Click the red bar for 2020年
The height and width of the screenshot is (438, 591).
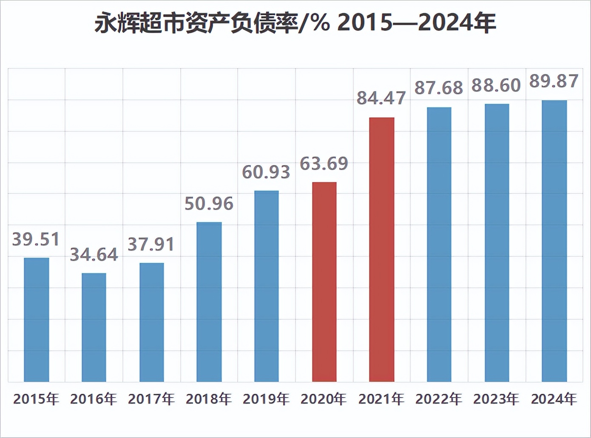click(x=324, y=282)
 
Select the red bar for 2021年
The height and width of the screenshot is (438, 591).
click(x=382, y=249)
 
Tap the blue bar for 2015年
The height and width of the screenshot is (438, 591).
click(x=37, y=319)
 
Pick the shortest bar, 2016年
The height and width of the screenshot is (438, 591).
click(x=94, y=327)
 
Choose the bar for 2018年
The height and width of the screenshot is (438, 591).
click(x=209, y=301)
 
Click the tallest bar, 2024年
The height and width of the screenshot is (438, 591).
click(x=554, y=241)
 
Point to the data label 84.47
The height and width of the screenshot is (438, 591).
click(x=381, y=98)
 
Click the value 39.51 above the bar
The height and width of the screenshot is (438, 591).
click(x=36, y=239)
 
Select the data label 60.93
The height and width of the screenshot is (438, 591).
click(x=266, y=172)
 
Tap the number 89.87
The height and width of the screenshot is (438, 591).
click(x=554, y=81)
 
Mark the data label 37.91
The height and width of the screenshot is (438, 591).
click(x=151, y=245)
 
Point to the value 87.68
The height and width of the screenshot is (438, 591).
click(x=439, y=88)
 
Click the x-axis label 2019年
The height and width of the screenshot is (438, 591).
click(x=266, y=399)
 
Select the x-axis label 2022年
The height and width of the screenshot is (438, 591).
click(x=439, y=399)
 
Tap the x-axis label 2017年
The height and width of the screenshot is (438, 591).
click(x=151, y=399)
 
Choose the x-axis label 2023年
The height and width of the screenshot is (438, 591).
click(x=496, y=399)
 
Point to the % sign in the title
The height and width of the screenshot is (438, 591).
click(x=319, y=23)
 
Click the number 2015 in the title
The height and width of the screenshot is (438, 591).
click(x=365, y=23)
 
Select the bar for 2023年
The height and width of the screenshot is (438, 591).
click(x=497, y=242)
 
